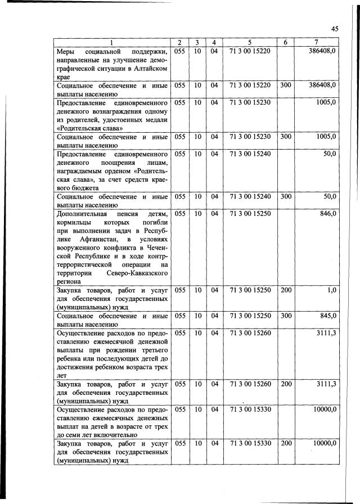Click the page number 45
(x=334, y=29)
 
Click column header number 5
(x=250, y=43)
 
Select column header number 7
(x=317, y=43)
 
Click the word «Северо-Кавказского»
(x=141, y=272)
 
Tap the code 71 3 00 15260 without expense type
(x=250, y=333)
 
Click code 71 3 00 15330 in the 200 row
(x=250, y=443)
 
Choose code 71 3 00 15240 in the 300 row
(x=250, y=196)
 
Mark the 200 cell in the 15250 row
(x=286, y=290)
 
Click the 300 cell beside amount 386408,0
(x=286, y=85)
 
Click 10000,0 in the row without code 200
(x=324, y=409)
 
